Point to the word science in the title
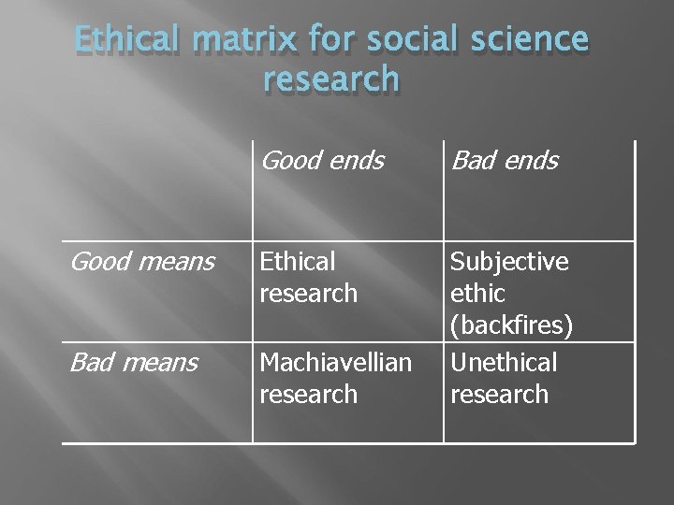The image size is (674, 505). click(x=528, y=41)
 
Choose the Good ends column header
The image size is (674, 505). click(x=322, y=161)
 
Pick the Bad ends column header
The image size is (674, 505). click(x=504, y=161)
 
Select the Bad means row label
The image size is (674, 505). click(x=135, y=361)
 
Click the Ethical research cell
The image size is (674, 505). click(x=309, y=277)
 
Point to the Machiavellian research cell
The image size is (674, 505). click(x=336, y=377)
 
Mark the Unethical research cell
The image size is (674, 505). click(x=504, y=377)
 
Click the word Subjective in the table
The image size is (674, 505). click(x=509, y=261)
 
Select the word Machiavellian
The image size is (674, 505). click(x=336, y=361)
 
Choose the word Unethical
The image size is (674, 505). click(x=504, y=361)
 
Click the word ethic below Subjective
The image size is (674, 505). click(x=478, y=294)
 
